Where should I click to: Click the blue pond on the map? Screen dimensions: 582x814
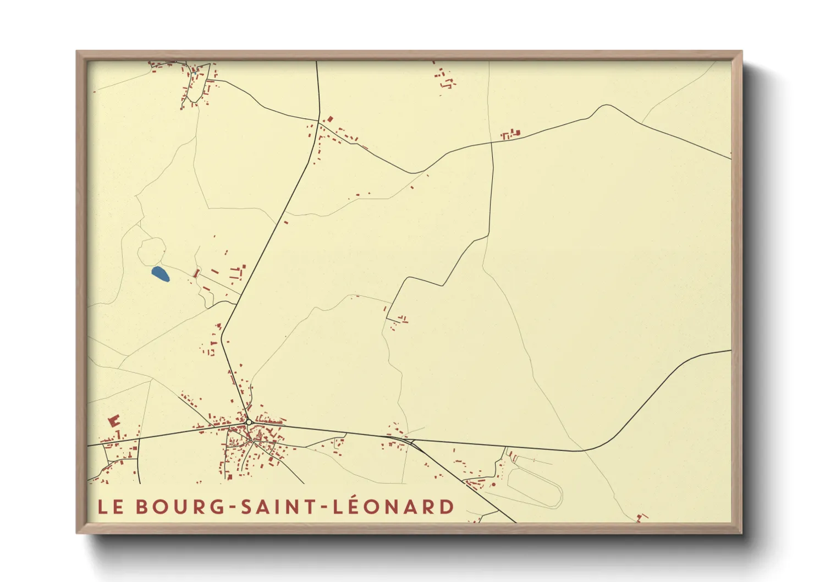[x=160, y=273]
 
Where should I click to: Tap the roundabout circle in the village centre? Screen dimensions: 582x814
[x=249, y=422]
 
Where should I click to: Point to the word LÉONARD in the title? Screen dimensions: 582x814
[x=394, y=506]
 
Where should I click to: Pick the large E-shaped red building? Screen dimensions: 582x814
[x=114, y=421]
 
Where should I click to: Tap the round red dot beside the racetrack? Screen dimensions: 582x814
[x=493, y=485]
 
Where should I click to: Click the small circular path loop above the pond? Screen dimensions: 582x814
[x=151, y=251]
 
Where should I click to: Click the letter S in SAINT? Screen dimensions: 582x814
[x=247, y=507]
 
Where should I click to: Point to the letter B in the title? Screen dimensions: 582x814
[x=142, y=507]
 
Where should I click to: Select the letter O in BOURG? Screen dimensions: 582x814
[x=161, y=507]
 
